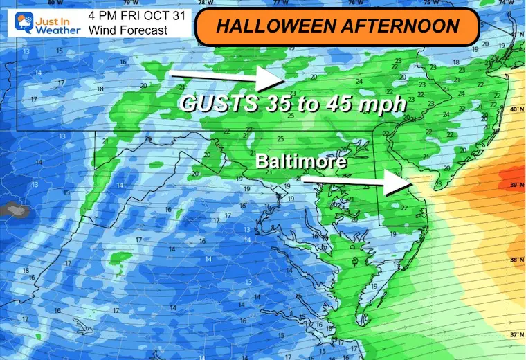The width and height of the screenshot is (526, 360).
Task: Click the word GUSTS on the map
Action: (x=215, y=104)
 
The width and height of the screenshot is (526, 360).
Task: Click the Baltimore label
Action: (x=302, y=161)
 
